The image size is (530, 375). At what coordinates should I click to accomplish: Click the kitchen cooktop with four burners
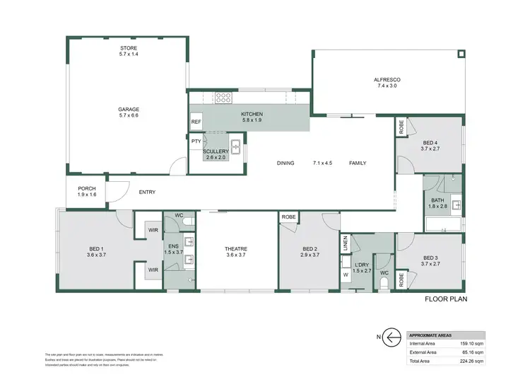224,98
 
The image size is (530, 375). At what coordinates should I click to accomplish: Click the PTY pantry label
196,142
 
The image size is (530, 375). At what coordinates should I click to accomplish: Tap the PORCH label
86,189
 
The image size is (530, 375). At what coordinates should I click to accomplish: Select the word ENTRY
147,192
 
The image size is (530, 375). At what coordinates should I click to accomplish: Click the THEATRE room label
236,248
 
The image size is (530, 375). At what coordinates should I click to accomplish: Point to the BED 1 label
97,248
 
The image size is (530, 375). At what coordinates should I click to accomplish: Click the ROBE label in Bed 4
401,128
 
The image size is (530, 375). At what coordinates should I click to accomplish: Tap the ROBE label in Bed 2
288,217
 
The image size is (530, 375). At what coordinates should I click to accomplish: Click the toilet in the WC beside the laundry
384,282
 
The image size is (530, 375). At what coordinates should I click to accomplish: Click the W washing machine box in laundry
346,275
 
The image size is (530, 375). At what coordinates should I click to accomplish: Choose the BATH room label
438,203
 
